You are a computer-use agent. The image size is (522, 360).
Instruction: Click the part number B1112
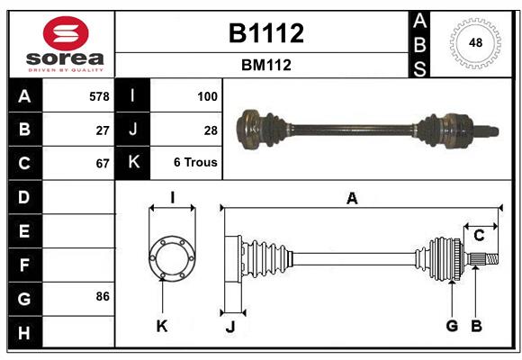click(x=265, y=33)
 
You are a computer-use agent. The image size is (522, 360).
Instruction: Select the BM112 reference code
click(x=265, y=66)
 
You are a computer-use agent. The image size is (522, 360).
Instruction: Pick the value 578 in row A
click(x=98, y=96)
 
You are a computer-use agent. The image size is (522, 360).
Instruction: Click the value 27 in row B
click(x=102, y=130)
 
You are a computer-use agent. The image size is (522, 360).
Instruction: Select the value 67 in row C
click(x=102, y=164)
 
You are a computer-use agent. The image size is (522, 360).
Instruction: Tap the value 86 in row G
click(x=102, y=296)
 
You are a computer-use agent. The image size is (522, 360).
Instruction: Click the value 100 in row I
click(x=207, y=96)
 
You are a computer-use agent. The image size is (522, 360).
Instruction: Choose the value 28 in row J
click(x=211, y=130)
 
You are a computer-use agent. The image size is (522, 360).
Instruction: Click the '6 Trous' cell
click(x=196, y=164)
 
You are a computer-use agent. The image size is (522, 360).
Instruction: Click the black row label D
click(x=24, y=197)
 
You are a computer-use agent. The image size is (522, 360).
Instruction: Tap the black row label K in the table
click(x=133, y=163)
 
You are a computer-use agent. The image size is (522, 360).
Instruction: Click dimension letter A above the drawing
click(x=352, y=199)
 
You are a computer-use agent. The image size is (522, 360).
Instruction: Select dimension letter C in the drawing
click(x=479, y=236)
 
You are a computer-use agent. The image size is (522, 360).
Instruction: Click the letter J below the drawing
click(x=229, y=327)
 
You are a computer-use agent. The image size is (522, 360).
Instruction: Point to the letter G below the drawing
click(x=452, y=326)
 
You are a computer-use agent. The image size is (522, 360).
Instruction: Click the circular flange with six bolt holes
click(x=171, y=258)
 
